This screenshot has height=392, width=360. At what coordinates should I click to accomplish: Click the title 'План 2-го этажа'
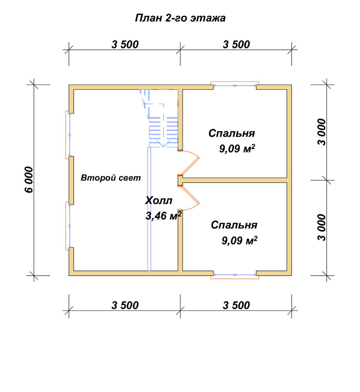[x=180, y=18]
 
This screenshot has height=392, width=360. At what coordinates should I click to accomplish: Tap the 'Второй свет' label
[x=111, y=178]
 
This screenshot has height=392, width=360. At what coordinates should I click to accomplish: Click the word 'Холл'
[x=158, y=200]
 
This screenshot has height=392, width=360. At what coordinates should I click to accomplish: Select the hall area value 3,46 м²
[x=164, y=216]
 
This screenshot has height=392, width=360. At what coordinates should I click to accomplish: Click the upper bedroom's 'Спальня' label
[x=232, y=133]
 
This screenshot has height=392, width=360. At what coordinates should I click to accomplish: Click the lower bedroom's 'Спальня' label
[x=234, y=225]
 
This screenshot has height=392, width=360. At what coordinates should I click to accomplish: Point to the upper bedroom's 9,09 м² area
[x=237, y=149]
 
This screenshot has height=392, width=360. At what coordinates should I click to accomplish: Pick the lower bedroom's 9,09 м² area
[x=240, y=241]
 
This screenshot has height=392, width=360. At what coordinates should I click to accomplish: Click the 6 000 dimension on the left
[x=29, y=180]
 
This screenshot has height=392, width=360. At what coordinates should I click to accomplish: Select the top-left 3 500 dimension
[x=125, y=45]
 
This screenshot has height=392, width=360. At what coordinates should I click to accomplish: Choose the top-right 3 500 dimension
[x=236, y=45]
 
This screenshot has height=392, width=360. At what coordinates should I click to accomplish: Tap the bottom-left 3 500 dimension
[x=125, y=305]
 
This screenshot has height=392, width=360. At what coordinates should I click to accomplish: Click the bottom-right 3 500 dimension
[x=236, y=305]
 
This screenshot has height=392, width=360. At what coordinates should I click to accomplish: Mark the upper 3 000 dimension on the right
[x=322, y=132]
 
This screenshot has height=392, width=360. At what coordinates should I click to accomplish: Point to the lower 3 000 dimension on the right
[x=322, y=227]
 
